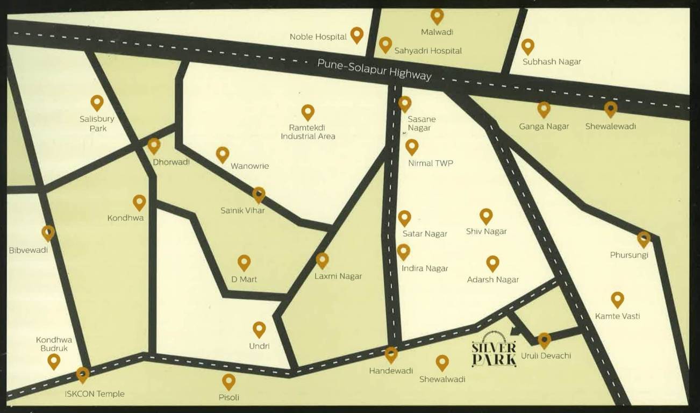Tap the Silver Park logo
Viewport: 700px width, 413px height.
coord(494,350)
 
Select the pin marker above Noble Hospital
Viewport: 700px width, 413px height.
coord(356,35)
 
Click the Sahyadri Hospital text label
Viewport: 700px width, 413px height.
coord(428,51)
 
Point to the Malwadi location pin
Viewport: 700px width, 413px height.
coord(437,16)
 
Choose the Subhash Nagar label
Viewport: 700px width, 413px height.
coord(552,61)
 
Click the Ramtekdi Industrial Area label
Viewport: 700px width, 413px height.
coord(308,132)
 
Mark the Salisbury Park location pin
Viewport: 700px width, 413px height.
coord(97,102)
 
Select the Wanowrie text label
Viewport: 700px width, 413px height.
coord(249,166)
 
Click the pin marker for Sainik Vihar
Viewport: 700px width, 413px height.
coord(259,194)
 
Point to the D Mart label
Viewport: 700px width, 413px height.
coord(244,279)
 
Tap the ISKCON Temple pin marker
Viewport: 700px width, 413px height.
coord(82,374)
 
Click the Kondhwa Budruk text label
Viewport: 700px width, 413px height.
coord(54,344)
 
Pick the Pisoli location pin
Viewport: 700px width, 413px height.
coord(228,381)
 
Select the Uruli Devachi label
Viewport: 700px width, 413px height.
coord(546,355)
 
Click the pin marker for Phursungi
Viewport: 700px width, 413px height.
coord(644,239)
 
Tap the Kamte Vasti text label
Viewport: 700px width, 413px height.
coord(617,316)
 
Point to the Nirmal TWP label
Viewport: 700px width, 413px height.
coord(430,163)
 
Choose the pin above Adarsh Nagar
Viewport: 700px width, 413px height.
coord(492,263)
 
